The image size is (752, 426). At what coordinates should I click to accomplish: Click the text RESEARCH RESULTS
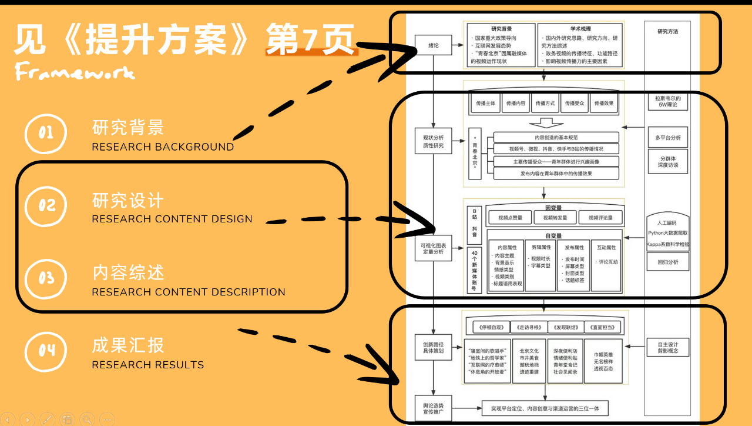tap(147, 365)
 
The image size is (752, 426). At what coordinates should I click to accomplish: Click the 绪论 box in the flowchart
tap(433, 45)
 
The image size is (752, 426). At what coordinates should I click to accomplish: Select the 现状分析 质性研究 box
tap(433, 142)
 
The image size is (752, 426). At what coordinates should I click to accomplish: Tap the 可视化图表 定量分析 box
tap(433, 248)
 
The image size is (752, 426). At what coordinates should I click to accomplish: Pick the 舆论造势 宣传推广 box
tap(433, 408)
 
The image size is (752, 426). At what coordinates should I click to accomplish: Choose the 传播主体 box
tap(485, 104)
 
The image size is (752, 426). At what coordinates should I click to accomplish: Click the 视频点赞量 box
tap(509, 218)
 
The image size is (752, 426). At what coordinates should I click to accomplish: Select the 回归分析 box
tap(667, 262)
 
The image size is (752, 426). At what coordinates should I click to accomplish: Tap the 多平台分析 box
tap(667, 138)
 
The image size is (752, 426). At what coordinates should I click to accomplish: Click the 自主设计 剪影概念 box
tap(667, 347)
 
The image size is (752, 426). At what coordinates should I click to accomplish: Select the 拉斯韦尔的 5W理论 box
tap(667, 101)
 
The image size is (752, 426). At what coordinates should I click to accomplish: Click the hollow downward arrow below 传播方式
tap(546, 123)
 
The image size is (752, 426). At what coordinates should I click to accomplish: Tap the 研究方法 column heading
tap(667, 32)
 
